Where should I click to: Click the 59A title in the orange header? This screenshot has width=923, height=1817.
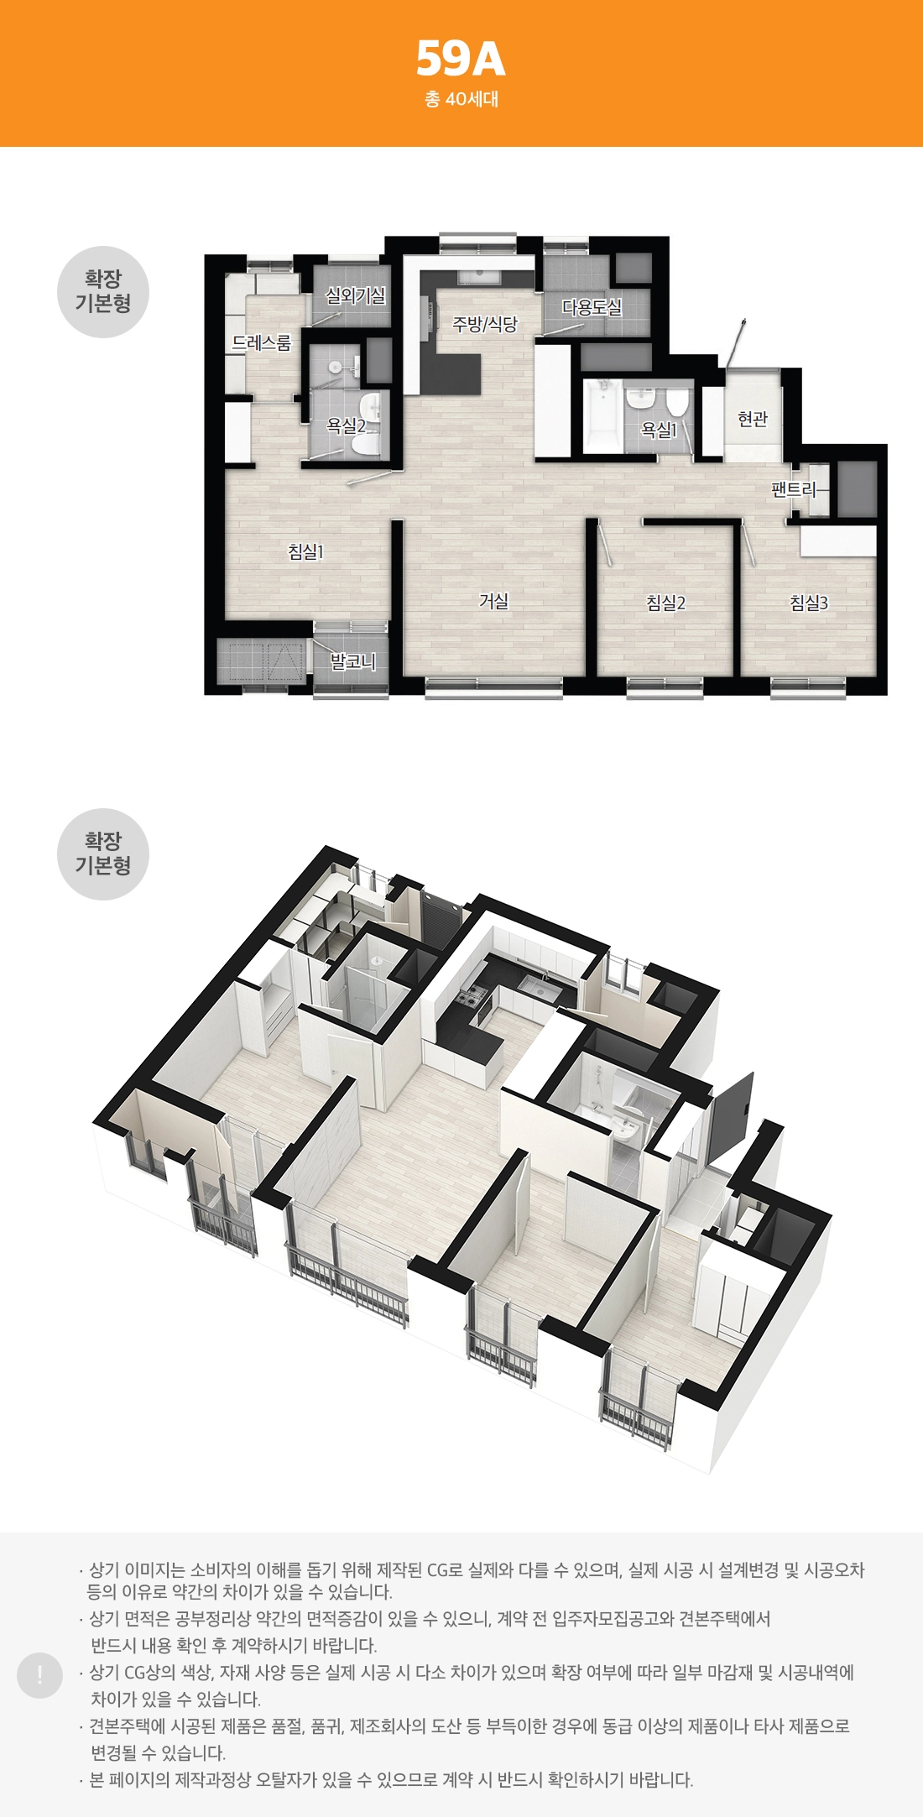(x=461, y=59)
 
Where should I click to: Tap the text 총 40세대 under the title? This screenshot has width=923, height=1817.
(x=461, y=99)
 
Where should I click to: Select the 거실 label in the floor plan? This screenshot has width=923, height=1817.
(x=494, y=601)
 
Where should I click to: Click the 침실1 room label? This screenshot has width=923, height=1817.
(x=305, y=551)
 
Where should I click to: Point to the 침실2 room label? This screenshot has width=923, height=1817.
(x=666, y=603)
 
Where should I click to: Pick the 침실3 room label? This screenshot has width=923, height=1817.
(x=809, y=603)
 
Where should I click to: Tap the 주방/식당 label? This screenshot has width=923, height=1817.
(x=486, y=324)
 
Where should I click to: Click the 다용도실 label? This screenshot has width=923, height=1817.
(x=592, y=307)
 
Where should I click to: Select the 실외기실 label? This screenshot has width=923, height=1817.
(x=356, y=295)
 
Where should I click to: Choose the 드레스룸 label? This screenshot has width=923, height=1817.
(x=262, y=342)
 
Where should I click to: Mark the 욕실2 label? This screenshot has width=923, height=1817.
(x=346, y=426)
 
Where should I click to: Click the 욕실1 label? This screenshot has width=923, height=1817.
(x=660, y=430)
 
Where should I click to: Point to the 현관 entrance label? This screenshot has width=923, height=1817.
(x=753, y=418)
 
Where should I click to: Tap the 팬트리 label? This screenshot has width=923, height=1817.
(x=794, y=488)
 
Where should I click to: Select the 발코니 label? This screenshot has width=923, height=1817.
(x=352, y=661)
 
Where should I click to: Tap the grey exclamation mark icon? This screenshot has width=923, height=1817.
(x=39, y=1675)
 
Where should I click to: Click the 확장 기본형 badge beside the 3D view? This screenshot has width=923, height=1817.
(x=103, y=854)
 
